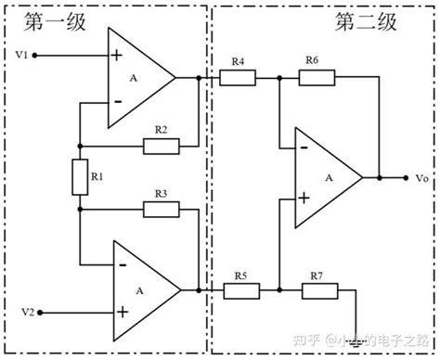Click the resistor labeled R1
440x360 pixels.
(x=79, y=175)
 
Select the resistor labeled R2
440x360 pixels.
(x=161, y=146)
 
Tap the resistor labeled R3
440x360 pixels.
(x=161, y=209)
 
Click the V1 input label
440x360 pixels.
(x=21, y=56)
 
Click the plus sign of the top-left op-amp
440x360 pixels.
(x=117, y=56)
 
